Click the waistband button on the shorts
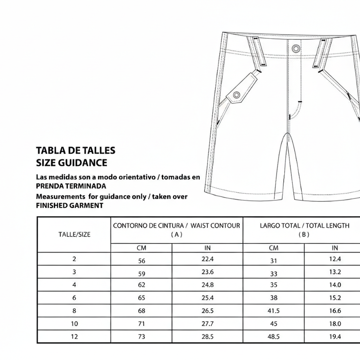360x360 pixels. [x=296, y=48]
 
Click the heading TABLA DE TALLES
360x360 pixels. [x=76, y=151]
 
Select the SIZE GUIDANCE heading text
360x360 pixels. [x=72, y=163]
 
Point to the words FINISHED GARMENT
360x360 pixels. [x=69, y=206]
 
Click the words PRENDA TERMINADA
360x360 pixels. [x=71, y=186]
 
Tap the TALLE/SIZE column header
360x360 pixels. [x=74, y=234]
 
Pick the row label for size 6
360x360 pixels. [x=74, y=297]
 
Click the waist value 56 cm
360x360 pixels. [x=142, y=261]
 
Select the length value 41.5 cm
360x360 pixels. [x=274, y=311]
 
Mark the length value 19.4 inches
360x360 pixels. [x=335, y=336]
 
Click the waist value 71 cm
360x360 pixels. [x=142, y=324]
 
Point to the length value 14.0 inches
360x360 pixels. [x=335, y=285]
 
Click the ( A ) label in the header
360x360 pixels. [x=176, y=234]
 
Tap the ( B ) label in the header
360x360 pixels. [x=304, y=234]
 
